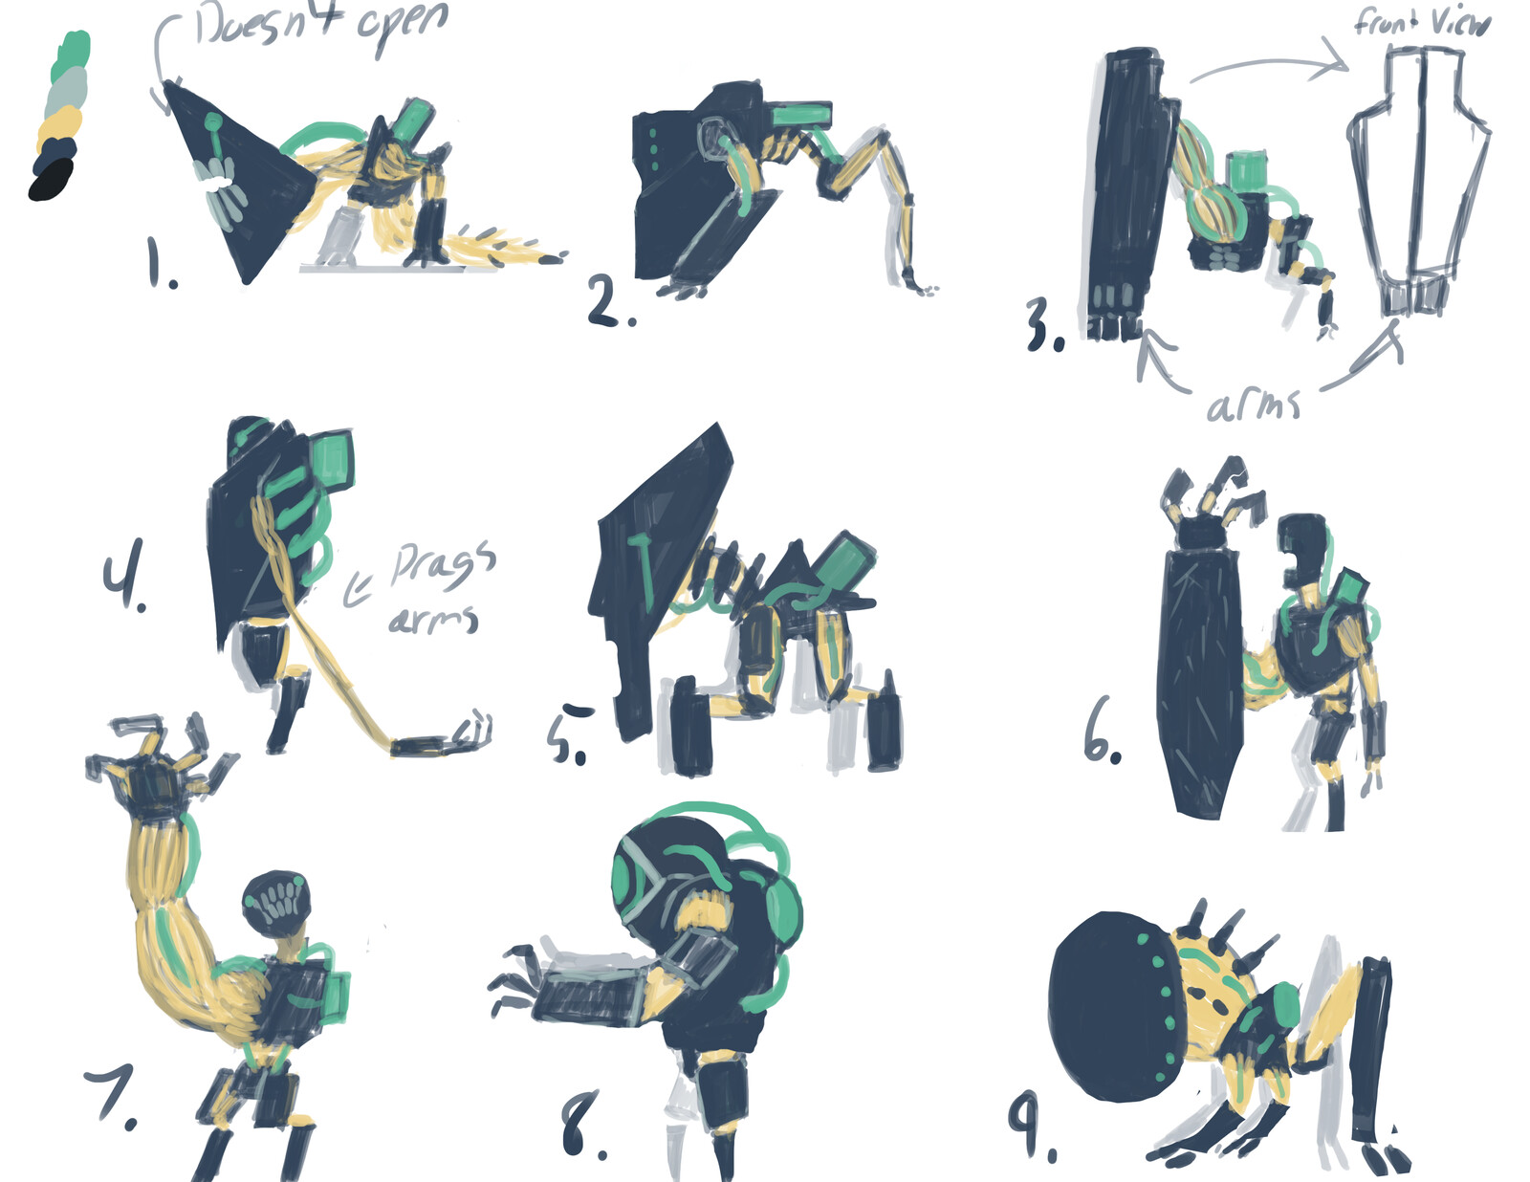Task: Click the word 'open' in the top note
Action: point(404,26)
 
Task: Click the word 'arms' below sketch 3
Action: point(1254,405)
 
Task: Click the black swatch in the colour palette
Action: point(52,180)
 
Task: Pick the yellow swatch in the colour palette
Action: point(59,127)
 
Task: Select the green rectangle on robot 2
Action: point(802,114)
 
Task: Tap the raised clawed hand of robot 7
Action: point(161,767)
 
